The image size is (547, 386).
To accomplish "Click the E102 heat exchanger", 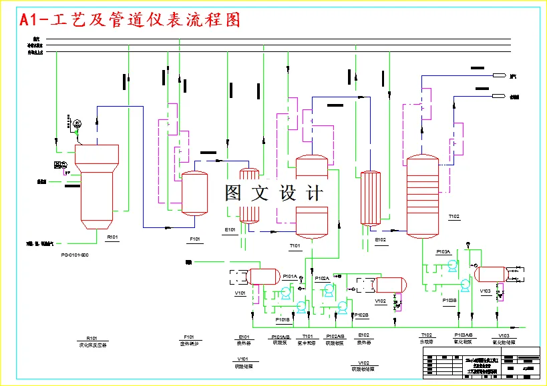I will [369, 198].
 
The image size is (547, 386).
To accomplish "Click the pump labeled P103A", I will [453, 265].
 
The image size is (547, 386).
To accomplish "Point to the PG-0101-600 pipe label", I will [75, 255].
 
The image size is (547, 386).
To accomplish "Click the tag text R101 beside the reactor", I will [112, 237].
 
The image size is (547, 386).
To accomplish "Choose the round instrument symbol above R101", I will [77, 123].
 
